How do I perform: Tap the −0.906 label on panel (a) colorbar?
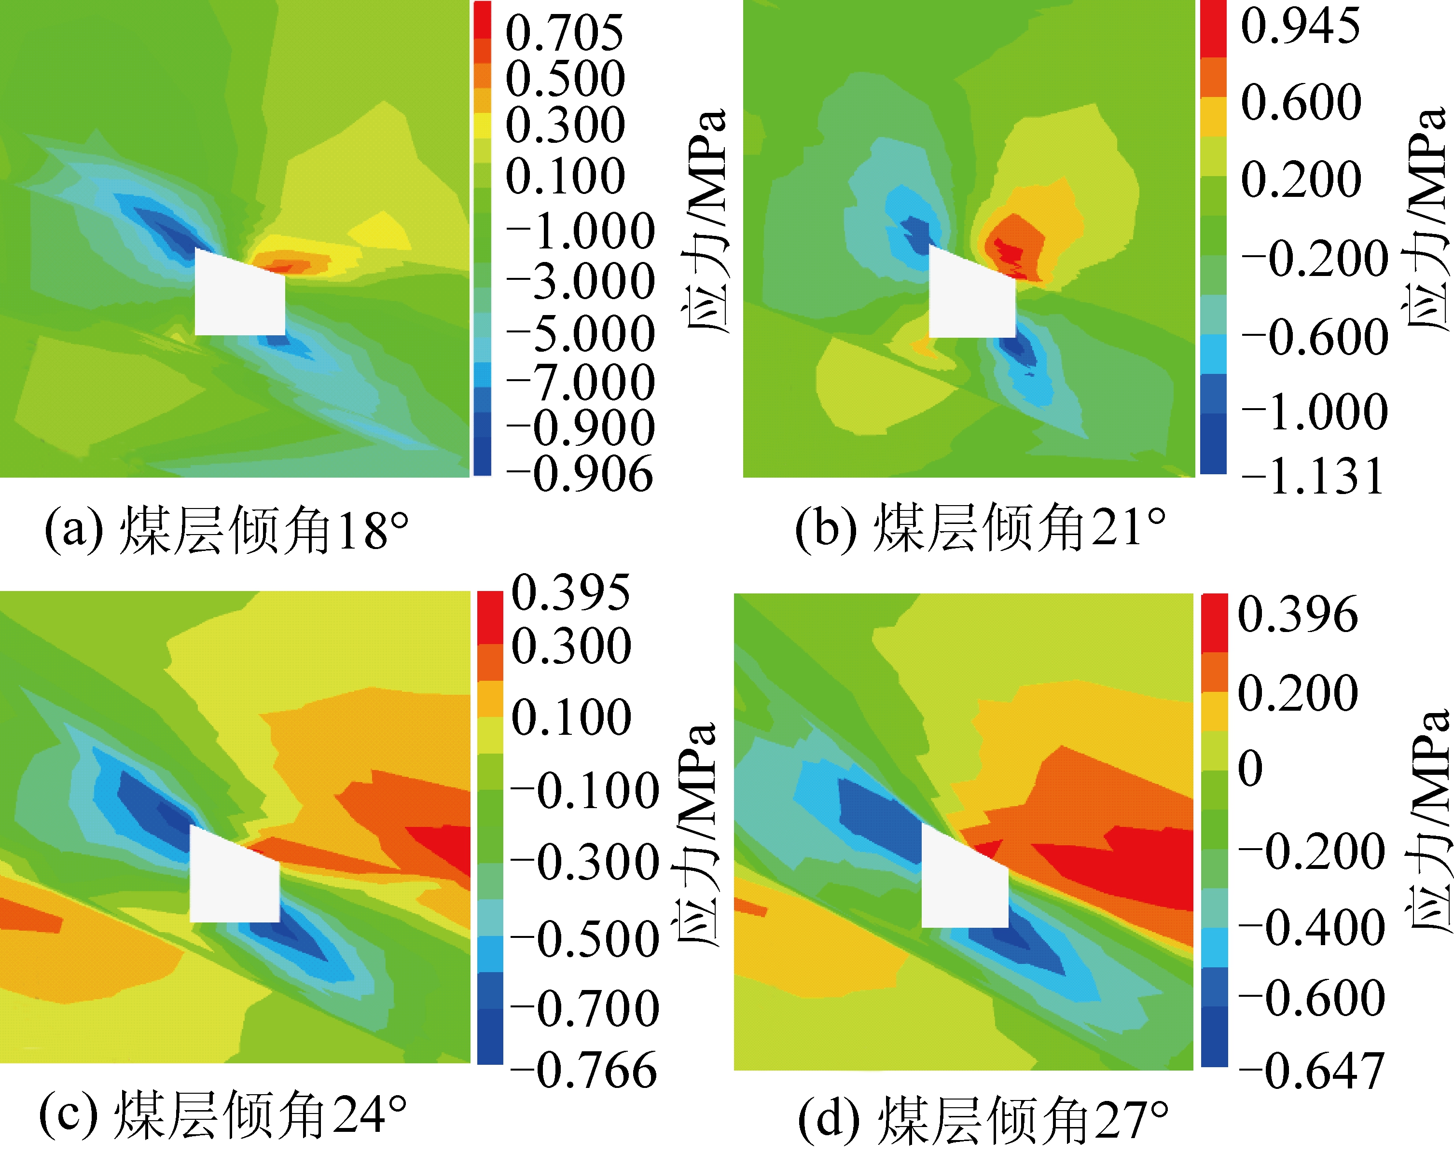(580, 474)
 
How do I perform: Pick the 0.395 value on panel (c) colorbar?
(570, 592)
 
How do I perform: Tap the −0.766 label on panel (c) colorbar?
(583, 1070)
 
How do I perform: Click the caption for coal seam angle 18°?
(227, 531)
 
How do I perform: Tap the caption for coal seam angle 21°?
(980, 528)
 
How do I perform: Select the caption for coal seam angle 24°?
(222, 1116)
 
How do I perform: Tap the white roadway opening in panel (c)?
(234, 883)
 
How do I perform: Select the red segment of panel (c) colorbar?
(490, 618)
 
